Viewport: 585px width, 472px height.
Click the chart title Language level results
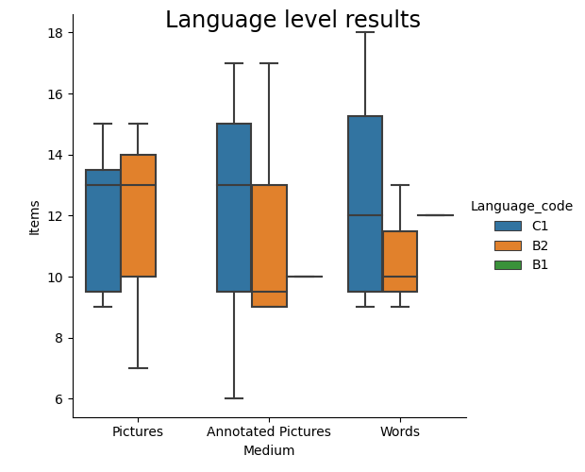pyautogui.click(x=292, y=20)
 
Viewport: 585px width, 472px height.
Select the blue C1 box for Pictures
pyautogui.click(x=103, y=231)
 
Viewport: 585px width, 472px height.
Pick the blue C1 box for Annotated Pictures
pyautogui.click(x=234, y=208)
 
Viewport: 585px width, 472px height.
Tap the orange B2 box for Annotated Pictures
pyautogui.click(x=269, y=245)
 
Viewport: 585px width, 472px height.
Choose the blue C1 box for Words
pyautogui.click(x=365, y=204)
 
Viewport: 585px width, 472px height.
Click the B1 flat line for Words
pyautogui.click(x=435, y=215)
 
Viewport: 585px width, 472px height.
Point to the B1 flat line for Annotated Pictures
pyautogui.click(x=304, y=277)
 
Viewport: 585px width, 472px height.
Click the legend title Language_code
pyautogui.click(x=521, y=206)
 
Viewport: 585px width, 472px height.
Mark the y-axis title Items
pyautogui.click(x=35, y=216)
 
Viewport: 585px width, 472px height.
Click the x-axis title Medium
pyautogui.click(x=269, y=450)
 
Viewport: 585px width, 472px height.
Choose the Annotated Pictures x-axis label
pyautogui.click(x=269, y=431)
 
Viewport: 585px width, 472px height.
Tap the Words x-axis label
pyautogui.click(x=400, y=431)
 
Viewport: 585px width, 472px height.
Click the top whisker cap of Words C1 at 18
pyautogui.click(x=365, y=32)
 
